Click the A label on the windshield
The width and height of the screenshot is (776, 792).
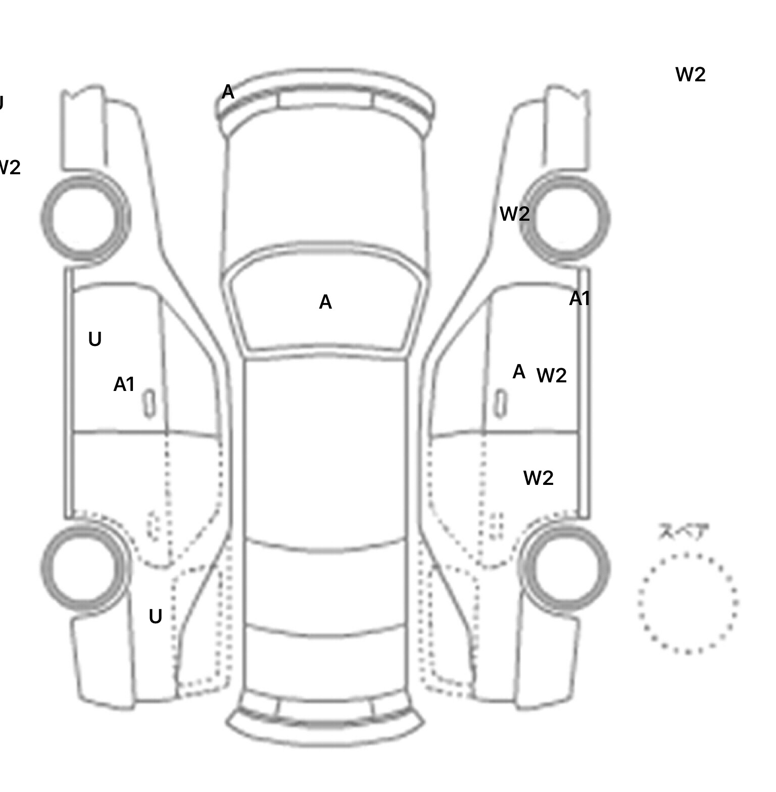point(325,302)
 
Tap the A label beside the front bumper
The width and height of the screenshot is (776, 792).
point(228,92)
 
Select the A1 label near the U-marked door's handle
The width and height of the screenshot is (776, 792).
point(124,384)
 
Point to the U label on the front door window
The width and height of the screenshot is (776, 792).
point(94,339)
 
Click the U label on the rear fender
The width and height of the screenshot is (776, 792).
point(155,616)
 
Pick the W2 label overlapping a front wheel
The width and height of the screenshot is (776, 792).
point(514,214)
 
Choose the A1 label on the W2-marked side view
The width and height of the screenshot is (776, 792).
point(579,299)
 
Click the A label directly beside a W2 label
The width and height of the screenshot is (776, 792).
point(519,372)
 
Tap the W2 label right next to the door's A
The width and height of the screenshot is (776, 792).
point(551,375)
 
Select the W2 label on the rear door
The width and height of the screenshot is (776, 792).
point(538,478)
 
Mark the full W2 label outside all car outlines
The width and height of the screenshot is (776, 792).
point(690,75)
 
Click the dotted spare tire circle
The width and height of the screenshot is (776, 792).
point(688,603)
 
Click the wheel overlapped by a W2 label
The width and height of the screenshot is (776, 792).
point(565,219)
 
